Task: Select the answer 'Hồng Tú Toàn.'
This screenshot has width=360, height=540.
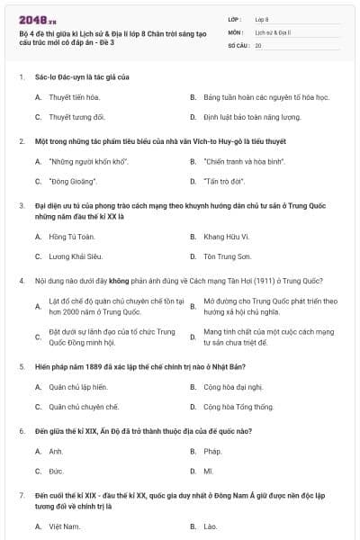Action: pyautogui.click(x=71, y=236)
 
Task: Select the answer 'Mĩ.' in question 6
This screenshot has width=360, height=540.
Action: pyautogui.click(x=209, y=471)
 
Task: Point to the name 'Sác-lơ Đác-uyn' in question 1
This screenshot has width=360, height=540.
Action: pyautogui.click(x=58, y=77)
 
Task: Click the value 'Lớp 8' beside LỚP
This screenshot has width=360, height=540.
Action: pyautogui.click(x=262, y=18)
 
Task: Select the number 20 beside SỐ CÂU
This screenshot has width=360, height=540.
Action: pyautogui.click(x=258, y=44)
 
